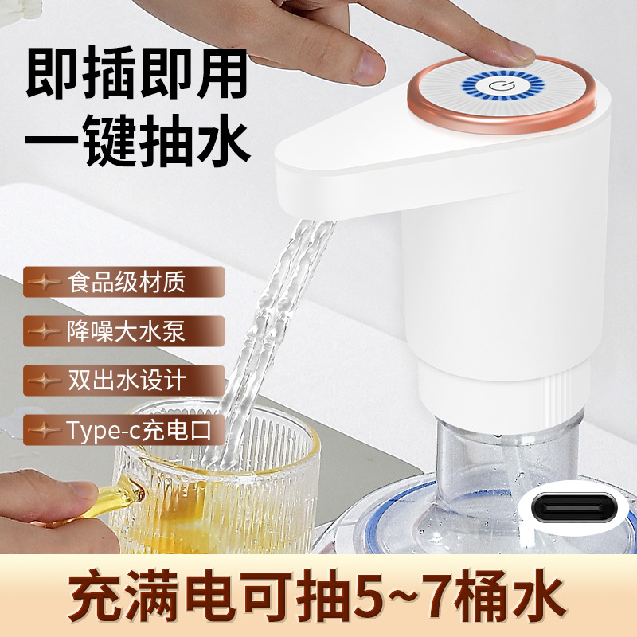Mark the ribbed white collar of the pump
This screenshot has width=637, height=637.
pyautogui.click(x=510, y=394)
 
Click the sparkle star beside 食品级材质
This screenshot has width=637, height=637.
pyautogui.click(x=49, y=282)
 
